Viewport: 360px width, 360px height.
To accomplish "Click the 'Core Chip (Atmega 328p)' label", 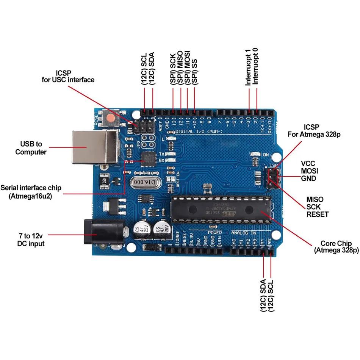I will [x=336, y=247].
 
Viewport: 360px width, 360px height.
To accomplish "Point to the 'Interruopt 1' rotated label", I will [x=248, y=72].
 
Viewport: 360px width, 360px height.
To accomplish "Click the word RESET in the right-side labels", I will [x=317, y=214].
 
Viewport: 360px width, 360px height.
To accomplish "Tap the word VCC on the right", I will [x=308, y=163].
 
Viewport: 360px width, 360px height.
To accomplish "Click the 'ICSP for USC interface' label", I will [x=68, y=76].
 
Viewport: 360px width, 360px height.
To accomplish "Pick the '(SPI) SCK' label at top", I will [x=172, y=69].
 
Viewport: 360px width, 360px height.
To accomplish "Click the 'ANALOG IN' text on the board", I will [x=244, y=232].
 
